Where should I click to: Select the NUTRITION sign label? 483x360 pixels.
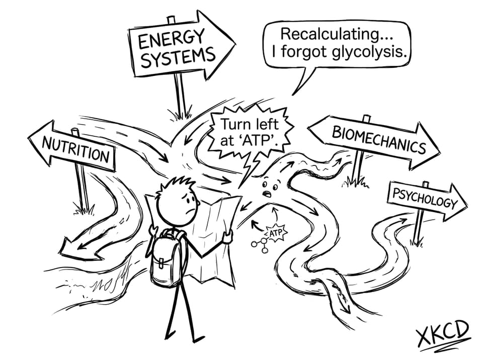click(x=76, y=150)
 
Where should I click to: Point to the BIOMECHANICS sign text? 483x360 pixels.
click(x=379, y=140)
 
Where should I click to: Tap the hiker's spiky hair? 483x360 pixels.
click(x=179, y=184)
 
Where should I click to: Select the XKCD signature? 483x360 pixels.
click(x=442, y=334)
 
